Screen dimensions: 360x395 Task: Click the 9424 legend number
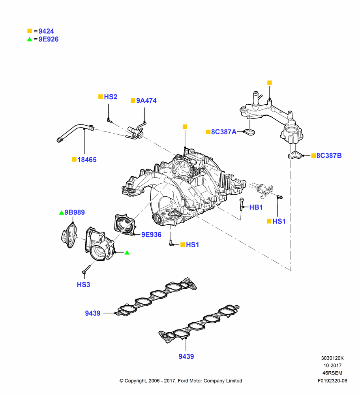pos(46,31)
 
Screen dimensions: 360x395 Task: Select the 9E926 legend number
pos(48,39)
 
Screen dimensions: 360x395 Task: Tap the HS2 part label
pos(111,97)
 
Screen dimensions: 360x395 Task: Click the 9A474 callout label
pos(146,101)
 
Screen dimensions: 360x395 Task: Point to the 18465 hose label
pos(87,160)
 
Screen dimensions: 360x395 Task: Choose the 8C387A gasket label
pos(224,132)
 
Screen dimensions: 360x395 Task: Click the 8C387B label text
pos(329,156)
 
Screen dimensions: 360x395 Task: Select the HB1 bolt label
pos(256,207)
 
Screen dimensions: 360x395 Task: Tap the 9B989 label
pos(75,213)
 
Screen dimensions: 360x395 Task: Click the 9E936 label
pos(151,235)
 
